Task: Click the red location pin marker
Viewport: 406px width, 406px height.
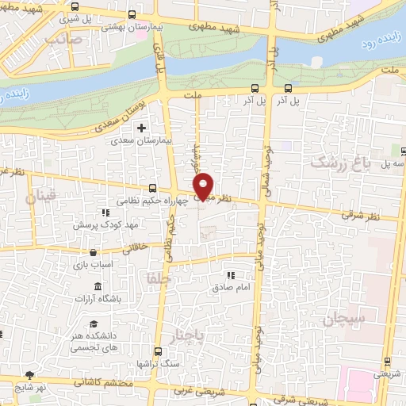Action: pyautogui.click(x=204, y=185)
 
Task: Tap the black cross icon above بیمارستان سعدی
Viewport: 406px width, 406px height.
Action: pyautogui.click(x=142, y=128)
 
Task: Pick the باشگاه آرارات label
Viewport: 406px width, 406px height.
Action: pyautogui.click(x=96, y=299)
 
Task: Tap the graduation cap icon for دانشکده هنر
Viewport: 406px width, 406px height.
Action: pyautogui.click(x=94, y=324)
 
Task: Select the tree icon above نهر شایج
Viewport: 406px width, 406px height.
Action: pyautogui.click(x=29, y=375)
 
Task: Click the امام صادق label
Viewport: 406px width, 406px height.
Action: pyautogui.click(x=230, y=287)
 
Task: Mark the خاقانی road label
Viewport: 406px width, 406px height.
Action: pyautogui.click(x=129, y=246)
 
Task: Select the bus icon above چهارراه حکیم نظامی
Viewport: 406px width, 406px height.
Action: pyautogui.click(x=151, y=188)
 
